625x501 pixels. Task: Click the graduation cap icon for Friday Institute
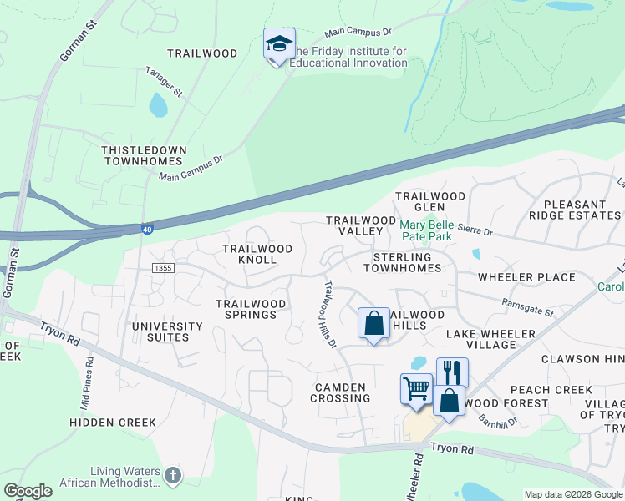coord(279,45)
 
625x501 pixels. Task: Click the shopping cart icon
coord(416,388)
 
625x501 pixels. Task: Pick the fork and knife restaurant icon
coord(452,372)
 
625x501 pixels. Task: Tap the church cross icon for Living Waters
coord(172,475)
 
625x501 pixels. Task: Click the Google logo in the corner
coord(28,491)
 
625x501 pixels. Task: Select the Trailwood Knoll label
coord(257,255)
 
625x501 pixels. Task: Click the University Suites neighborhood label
coord(166,331)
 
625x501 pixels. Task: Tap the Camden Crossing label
coord(340,392)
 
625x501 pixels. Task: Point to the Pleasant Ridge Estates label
coord(582,210)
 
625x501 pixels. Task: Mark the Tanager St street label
coord(164,81)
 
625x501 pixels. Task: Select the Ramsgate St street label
coord(527,308)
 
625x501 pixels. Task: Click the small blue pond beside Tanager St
coord(157,105)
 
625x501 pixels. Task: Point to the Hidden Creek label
coord(113,423)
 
